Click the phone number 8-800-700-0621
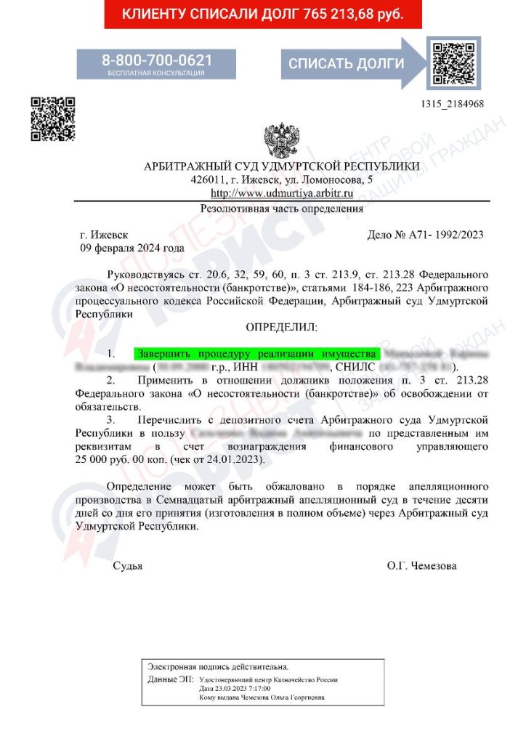click(x=156, y=60)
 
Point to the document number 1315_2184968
click(x=452, y=104)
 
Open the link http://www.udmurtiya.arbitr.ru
click(x=281, y=193)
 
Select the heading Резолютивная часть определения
click(x=281, y=209)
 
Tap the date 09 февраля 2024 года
click(x=131, y=248)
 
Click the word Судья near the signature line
click(x=127, y=566)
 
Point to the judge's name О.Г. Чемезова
click(x=422, y=566)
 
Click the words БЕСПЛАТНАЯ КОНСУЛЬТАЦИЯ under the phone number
click(x=156, y=73)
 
